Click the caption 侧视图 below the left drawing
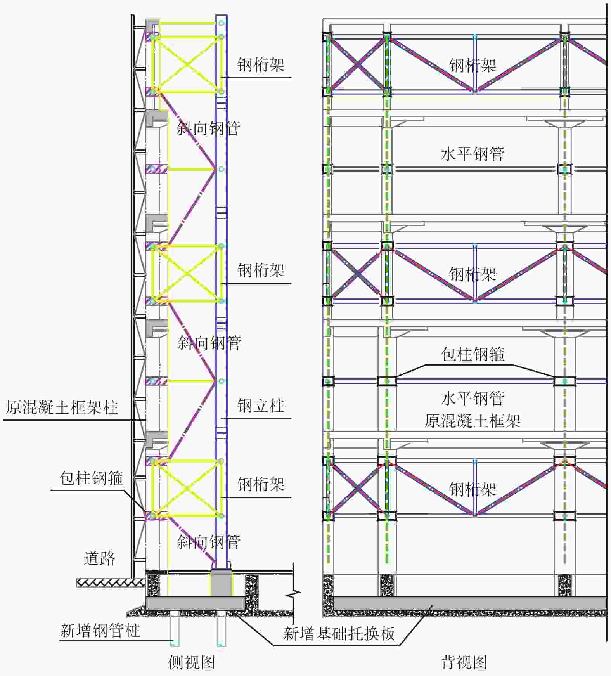192,662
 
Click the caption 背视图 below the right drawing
464,662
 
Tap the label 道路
100,558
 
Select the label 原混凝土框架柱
62,407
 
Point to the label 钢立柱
261,406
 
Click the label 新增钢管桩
100,631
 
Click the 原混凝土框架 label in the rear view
473,421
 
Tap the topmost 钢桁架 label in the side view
261,65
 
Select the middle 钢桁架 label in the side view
261,270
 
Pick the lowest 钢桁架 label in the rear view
473,489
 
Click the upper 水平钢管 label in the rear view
473,154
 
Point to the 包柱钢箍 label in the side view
91,478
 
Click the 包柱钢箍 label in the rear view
473,354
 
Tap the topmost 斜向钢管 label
209,128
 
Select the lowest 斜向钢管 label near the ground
209,542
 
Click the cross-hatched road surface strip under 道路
111,582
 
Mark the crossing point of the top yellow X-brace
187,64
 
